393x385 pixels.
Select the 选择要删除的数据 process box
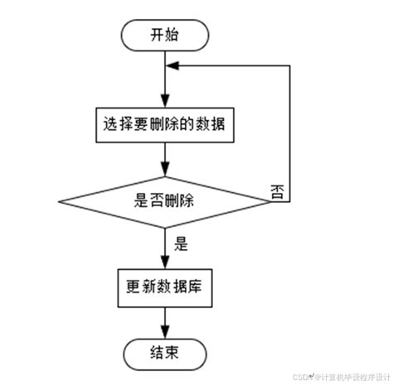coord(166,127)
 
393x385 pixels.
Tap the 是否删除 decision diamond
coord(165,200)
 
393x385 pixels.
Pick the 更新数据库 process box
coord(166,290)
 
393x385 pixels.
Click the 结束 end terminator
coord(165,354)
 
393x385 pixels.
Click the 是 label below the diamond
coord(182,245)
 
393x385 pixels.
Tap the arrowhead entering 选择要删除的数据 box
coord(166,104)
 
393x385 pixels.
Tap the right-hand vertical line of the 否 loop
coord(290,132)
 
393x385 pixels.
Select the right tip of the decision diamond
coord(272,200)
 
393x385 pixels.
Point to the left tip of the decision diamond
coord(59,200)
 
